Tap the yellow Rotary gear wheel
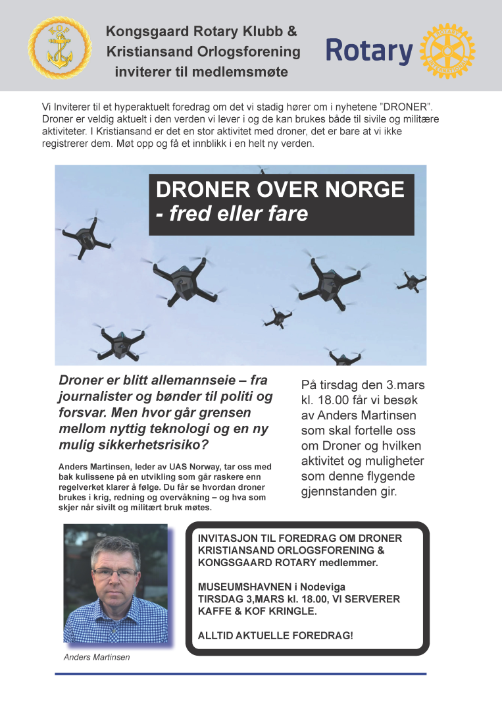tap(447, 51)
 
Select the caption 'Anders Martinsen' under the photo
tap(97, 657)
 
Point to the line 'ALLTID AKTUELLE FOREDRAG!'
tap(275, 635)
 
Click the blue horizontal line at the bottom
tap(240, 673)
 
